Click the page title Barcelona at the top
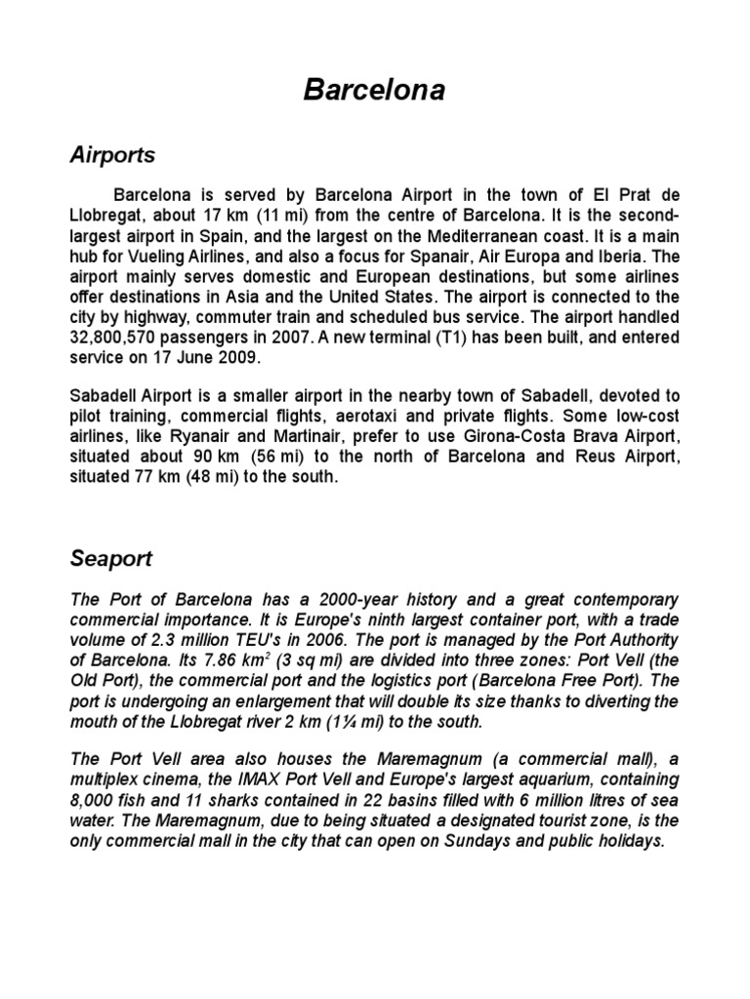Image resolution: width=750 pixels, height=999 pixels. (375, 91)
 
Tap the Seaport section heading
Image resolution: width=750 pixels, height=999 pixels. (112, 559)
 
